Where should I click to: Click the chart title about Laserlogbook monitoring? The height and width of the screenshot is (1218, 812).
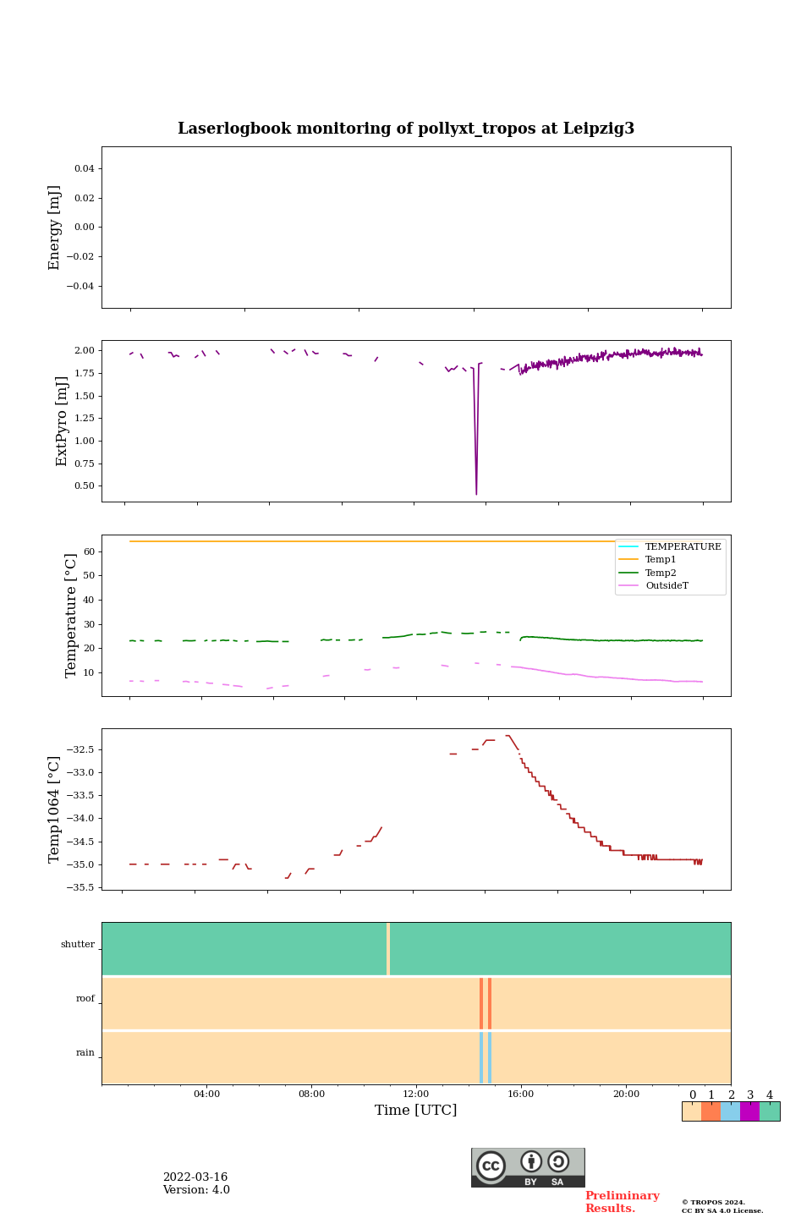[x=406, y=129]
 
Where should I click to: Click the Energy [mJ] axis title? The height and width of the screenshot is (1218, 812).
[x=55, y=228]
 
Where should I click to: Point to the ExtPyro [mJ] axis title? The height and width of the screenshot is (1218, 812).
[x=62, y=421]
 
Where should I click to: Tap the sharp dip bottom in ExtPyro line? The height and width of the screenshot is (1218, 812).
[x=476, y=493]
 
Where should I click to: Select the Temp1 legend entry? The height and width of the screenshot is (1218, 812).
[x=660, y=560]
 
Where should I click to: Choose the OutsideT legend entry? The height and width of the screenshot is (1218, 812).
[x=666, y=585]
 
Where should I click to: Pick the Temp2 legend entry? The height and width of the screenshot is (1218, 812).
[x=660, y=573]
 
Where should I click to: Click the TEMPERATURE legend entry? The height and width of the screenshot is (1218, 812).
[x=683, y=547]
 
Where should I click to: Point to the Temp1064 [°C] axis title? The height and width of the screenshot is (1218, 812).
[x=55, y=809]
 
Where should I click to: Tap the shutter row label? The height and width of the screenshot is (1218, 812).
[x=78, y=945]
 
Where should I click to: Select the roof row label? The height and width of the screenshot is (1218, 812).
[x=85, y=999]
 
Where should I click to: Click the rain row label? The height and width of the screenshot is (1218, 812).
[x=85, y=1053]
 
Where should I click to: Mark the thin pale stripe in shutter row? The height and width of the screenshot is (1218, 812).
[x=388, y=949]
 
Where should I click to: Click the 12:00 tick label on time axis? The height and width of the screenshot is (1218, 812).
[x=416, y=1094]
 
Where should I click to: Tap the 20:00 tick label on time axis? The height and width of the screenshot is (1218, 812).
[x=626, y=1094]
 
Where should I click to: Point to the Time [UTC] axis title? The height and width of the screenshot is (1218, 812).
[x=416, y=1110]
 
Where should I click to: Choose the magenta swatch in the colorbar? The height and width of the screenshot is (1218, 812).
[x=749, y=1111]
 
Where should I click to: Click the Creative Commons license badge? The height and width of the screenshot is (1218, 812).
[x=528, y=1167]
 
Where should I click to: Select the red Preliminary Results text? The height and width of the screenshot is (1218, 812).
[x=622, y=1202]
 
